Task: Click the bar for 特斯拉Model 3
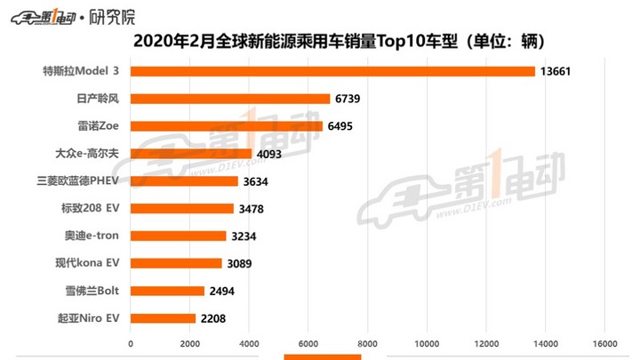pos(332,71)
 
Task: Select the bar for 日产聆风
pos(230,99)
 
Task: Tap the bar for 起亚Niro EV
pos(163,318)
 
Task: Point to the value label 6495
pos(340,126)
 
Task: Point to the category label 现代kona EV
pos(87,263)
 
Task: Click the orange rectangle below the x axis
pos(322,356)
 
